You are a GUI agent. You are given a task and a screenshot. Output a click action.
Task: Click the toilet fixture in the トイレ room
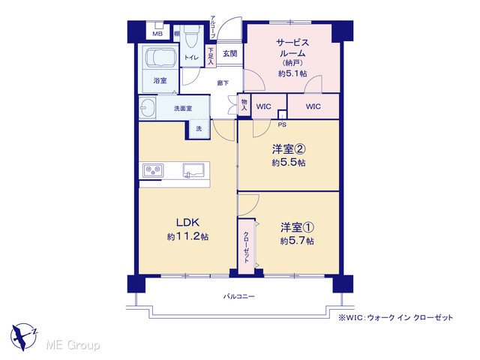[x=192, y=37]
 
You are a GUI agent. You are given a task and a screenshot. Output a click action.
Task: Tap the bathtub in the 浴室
[x=160, y=56]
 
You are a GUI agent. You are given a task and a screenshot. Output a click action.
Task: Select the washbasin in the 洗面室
[x=147, y=108]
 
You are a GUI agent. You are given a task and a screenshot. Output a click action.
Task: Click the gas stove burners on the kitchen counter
[x=153, y=170]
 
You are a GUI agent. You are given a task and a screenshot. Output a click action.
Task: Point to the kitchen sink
[x=193, y=170]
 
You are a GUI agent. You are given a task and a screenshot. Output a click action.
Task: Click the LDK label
[x=187, y=222]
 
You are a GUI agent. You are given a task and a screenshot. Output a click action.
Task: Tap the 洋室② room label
[x=289, y=149]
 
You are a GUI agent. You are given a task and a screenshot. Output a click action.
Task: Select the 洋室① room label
[x=297, y=227]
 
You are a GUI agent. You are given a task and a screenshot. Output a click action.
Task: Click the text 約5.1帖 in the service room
[x=292, y=73]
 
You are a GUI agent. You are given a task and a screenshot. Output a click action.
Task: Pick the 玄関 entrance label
[x=229, y=53]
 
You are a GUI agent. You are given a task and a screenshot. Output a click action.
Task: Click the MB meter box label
[x=157, y=34]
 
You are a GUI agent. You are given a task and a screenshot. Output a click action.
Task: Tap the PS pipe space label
[x=282, y=125]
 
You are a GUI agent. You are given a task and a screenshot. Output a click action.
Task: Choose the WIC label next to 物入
[x=263, y=106]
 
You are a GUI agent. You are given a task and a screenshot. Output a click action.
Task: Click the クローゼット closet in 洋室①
[x=247, y=247]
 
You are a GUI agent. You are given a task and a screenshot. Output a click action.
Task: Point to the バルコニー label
[x=238, y=296]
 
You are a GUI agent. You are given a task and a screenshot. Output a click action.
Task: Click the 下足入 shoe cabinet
[x=211, y=56]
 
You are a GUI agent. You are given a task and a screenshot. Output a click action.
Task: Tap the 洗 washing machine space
[x=199, y=128]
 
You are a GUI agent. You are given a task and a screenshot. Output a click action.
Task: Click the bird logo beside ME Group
[x=24, y=336]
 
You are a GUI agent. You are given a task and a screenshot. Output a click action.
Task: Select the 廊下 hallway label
[x=223, y=82]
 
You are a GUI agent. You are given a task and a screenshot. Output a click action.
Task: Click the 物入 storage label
[x=244, y=105]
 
